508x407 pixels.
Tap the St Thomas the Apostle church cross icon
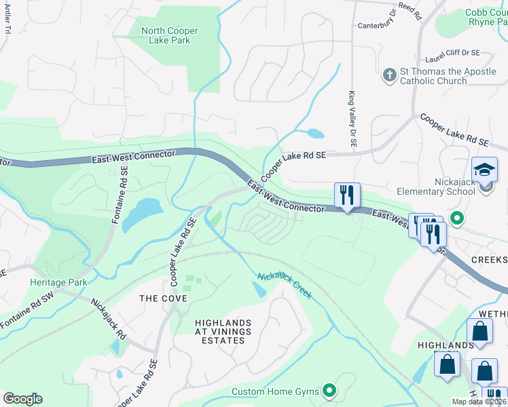390,75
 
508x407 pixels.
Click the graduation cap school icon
484,170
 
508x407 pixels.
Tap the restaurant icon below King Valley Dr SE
347,195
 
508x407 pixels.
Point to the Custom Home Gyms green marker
329,390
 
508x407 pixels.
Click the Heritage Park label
50,282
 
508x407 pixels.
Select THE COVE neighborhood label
158,298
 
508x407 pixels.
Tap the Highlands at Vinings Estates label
213,331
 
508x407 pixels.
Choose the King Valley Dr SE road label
352,119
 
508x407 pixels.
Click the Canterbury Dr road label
377,26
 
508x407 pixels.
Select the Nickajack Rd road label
109,321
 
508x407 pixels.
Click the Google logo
22,399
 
